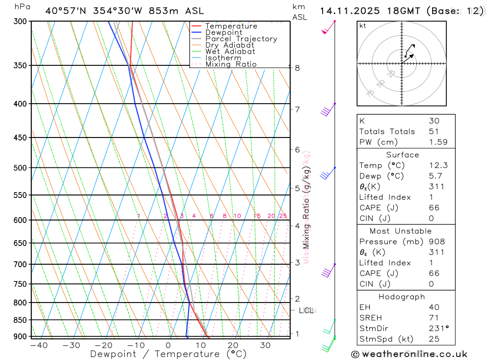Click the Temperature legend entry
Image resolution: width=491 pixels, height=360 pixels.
[231, 26]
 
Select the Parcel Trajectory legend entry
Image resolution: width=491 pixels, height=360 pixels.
[241, 39]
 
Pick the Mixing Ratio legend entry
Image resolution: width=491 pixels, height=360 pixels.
[231, 64]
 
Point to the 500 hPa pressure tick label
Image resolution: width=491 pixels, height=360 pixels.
[21, 168]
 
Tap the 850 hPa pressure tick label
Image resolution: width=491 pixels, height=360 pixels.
[21, 320]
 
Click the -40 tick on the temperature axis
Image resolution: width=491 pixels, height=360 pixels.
[38, 345]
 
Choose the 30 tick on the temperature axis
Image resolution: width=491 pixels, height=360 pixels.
[266, 345]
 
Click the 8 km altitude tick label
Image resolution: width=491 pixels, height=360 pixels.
[298, 68]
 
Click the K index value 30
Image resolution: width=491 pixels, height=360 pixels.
[434, 121]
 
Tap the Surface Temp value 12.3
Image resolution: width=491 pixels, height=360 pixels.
[438, 166]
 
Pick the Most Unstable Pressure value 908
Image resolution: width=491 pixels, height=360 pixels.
[436, 242]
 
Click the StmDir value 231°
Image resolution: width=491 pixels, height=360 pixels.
[438, 329]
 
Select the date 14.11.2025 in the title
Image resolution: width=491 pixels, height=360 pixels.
[348, 11]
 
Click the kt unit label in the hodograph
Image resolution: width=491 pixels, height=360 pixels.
[362, 26]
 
